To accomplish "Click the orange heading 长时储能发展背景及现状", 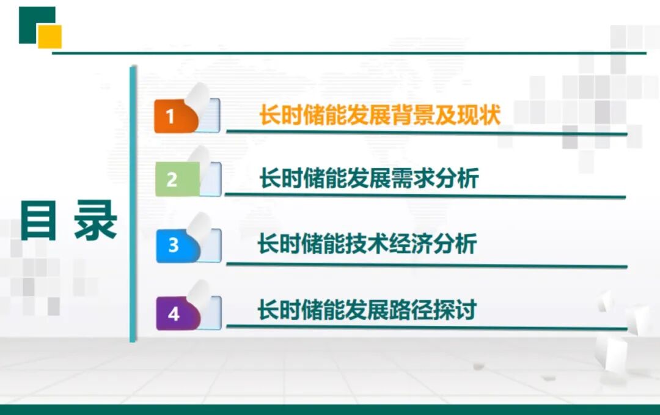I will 380,115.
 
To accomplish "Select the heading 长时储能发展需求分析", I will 369,179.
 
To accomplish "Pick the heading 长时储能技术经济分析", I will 367,244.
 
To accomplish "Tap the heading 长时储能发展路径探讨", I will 367,310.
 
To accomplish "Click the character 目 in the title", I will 38,221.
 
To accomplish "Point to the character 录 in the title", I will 95,221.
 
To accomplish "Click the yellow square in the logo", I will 50,37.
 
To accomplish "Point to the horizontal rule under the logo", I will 348,53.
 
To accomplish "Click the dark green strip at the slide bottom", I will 330,409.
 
